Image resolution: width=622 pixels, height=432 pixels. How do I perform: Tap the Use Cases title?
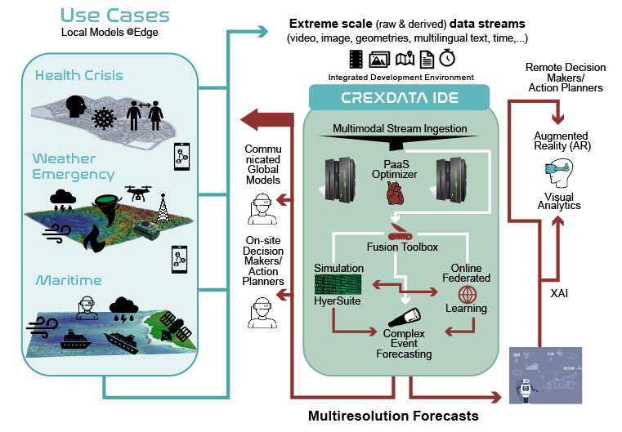pos(115,15)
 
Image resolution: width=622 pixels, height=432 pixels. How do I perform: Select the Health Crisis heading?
pos(79,75)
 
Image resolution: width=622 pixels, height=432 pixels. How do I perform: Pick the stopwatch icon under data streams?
pos(447,59)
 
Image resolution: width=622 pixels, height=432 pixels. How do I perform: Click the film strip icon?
pos(356,59)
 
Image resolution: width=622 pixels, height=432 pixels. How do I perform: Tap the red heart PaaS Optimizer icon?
pos(395,193)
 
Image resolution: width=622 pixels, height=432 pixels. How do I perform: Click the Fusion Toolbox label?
pos(400,247)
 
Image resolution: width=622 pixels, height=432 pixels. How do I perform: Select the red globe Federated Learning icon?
pos(467,294)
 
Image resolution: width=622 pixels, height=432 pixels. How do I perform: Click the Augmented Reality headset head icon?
pos(558,176)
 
